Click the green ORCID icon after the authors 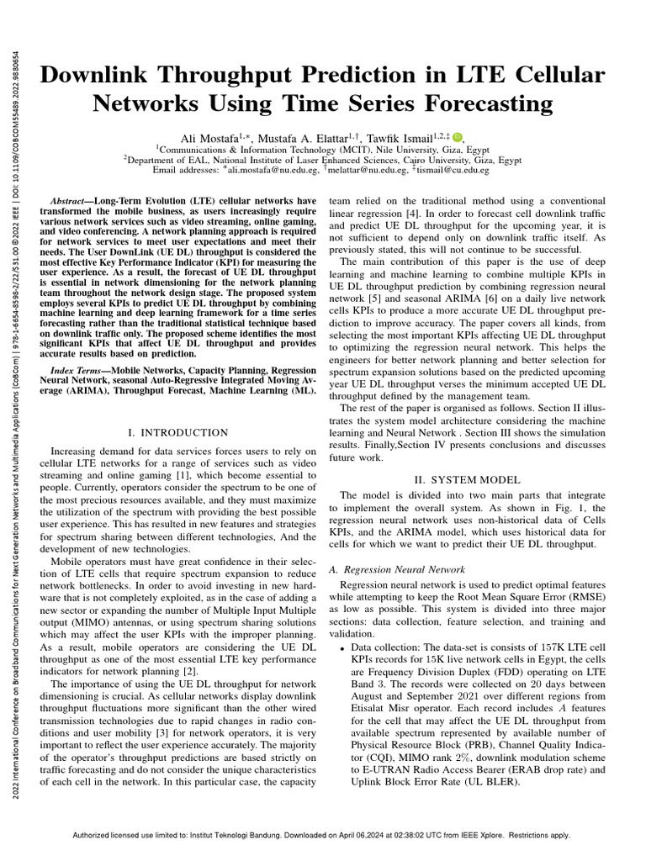457,137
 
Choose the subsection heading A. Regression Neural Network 396,569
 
